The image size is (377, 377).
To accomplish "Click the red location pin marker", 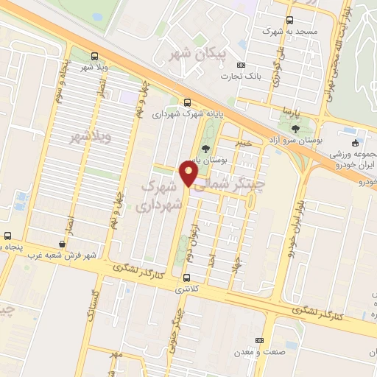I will pos(189,174).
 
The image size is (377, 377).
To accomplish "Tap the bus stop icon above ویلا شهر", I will pos(94,56).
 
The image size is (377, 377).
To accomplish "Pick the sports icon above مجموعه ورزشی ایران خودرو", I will pos(356,143).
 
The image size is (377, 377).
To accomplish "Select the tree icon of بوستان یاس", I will pos(205,149).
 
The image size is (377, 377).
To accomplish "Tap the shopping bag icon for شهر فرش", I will pos(62,244).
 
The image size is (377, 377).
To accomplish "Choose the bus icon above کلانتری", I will pos(186,278).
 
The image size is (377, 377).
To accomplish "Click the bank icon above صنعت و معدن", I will pos(258,340).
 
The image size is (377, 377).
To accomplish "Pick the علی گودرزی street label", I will pos(277,69).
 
